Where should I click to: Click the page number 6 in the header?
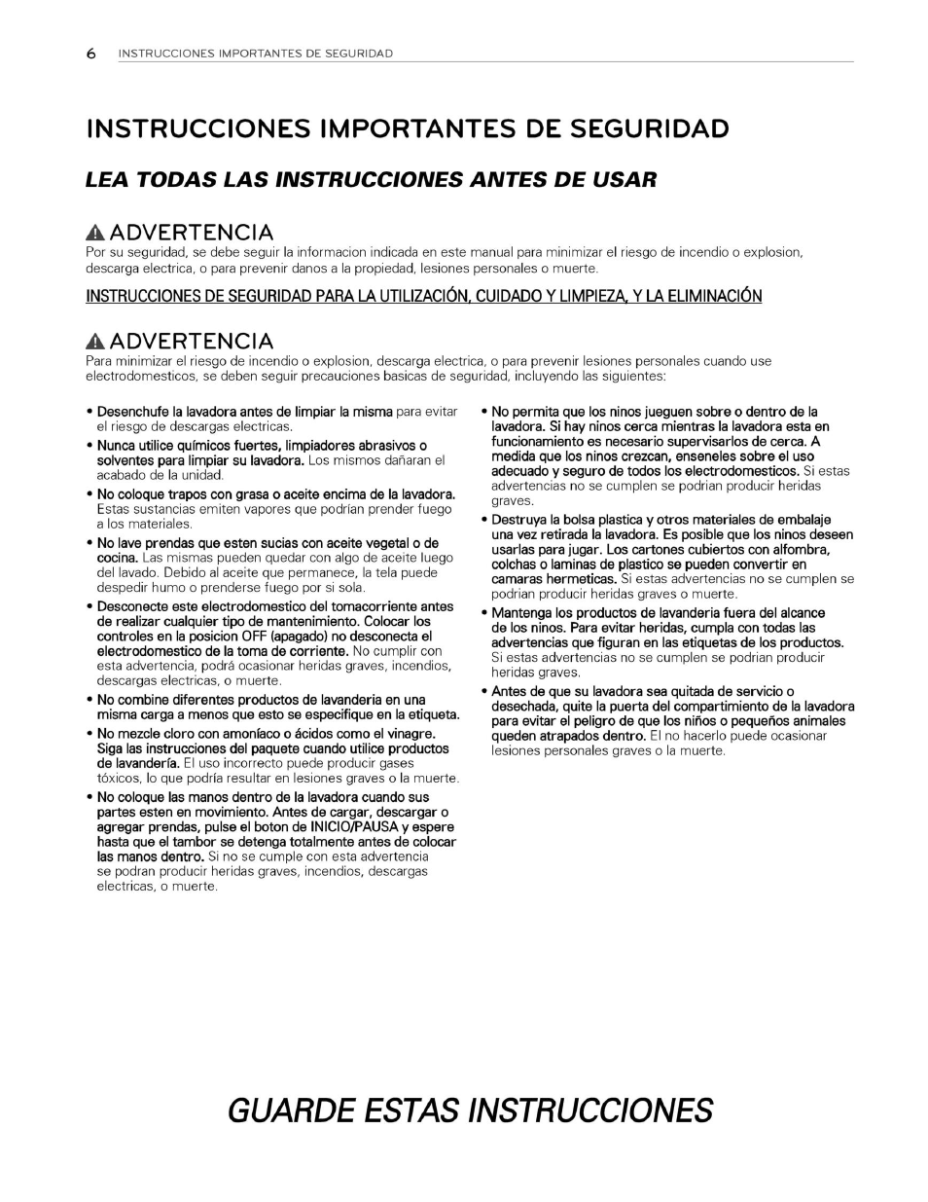click(90, 55)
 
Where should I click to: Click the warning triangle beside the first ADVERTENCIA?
click(95, 234)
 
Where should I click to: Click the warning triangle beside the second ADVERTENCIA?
click(95, 343)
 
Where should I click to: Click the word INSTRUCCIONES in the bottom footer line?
click(590, 1111)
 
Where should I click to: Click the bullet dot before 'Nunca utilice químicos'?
click(89, 446)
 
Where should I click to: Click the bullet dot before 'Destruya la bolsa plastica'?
click(484, 520)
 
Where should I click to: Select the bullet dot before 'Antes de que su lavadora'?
click(484, 691)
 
